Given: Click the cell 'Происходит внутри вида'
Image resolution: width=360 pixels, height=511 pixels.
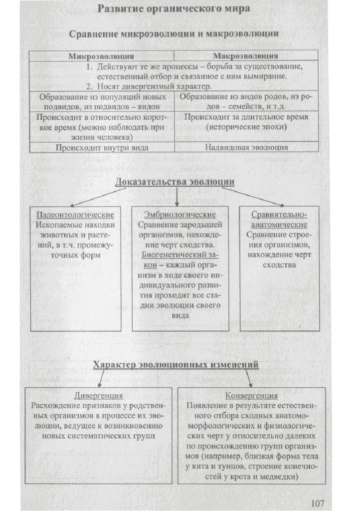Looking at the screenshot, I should click(102, 148).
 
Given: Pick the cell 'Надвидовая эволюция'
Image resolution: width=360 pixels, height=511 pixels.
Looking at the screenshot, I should click(246, 148).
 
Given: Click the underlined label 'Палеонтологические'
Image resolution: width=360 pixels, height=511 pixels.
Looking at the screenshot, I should click(76, 215).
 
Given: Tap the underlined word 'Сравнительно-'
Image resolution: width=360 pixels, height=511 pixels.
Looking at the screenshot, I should click(279, 215).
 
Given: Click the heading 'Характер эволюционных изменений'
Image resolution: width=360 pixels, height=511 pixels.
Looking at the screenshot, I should click(176, 365).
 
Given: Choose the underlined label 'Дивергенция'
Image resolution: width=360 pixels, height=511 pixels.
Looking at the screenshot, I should click(99, 395).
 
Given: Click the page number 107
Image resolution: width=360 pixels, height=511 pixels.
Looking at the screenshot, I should click(318, 502).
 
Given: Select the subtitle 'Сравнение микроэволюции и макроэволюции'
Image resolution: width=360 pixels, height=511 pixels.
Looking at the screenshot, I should click(174, 34).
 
